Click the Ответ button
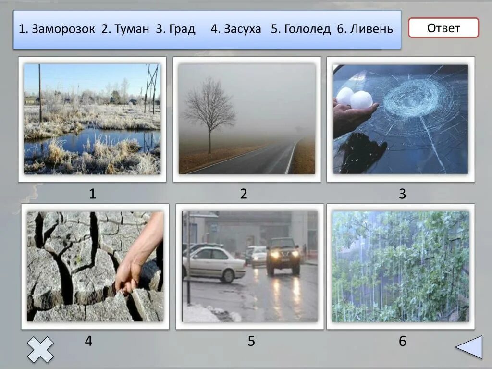click(x=443, y=28)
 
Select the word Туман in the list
click(x=132, y=29)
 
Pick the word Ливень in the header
click(x=371, y=29)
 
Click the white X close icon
click(x=40, y=349)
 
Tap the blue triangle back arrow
click(x=469, y=347)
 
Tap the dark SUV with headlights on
click(x=283, y=256)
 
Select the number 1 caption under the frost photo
click(x=92, y=194)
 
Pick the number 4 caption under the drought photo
click(x=88, y=341)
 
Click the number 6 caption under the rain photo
click(x=402, y=341)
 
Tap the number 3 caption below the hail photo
click(x=402, y=194)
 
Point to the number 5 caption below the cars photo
click(x=251, y=341)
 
